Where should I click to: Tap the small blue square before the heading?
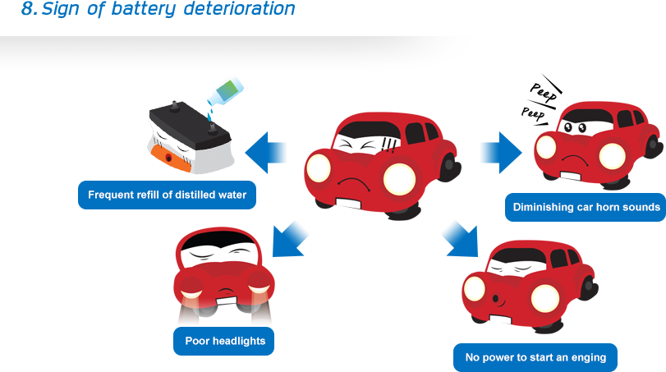(29, 9)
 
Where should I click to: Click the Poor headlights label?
(223, 341)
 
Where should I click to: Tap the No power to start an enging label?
(535, 357)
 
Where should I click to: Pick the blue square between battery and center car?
(269, 153)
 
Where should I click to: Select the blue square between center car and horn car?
(498, 153)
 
